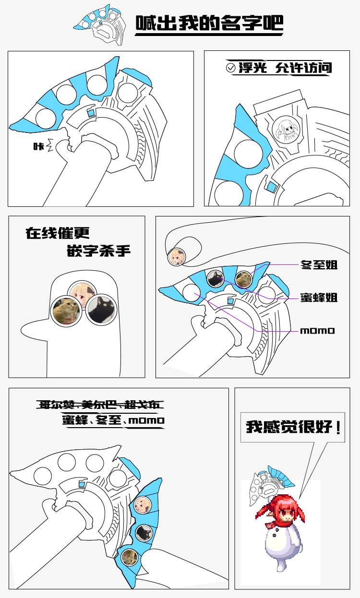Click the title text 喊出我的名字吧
tap(209, 23)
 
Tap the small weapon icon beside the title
tap(100, 24)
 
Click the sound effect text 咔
tap(38, 146)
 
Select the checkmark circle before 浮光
tap(230, 68)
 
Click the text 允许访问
tap(304, 68)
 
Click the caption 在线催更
tap(58, 233)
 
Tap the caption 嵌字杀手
tap(98, 251)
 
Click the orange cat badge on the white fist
tap(66, 311)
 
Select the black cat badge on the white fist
tap(101, 310)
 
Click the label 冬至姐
tap(319, 265)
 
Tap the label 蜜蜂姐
tap(319, 298)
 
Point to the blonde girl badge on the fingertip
tap(177, 257)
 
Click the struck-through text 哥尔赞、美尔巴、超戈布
tap(100, 405)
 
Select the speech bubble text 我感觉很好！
tap(293, 427)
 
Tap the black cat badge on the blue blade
tap(144, 532)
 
